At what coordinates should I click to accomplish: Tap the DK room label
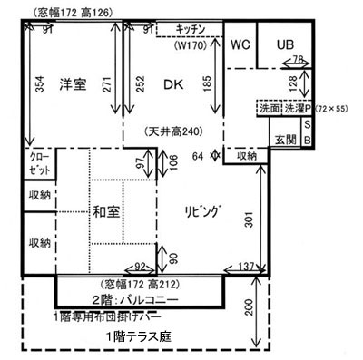tap(172, 84)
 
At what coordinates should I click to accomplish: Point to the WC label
tap(240, 44)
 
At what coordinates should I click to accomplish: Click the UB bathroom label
tap(285, 44)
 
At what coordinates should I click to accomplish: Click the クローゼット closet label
tap(36, 168)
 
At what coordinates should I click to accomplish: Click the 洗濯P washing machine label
tap(295, 106)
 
